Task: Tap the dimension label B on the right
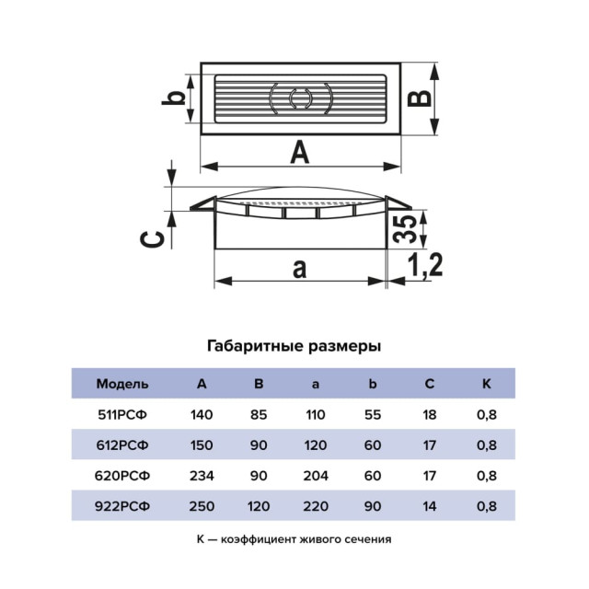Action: pos(420,98)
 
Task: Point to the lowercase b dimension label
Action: pos(174,98)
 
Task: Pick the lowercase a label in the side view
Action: pos(299,269)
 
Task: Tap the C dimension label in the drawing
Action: pos(152,239)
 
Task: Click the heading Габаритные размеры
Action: pos(294,346)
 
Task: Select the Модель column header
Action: pos(122,384)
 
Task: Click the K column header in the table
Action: pos(487,384)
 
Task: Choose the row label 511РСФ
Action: pos(122,415)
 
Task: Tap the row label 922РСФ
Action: pos(122,506)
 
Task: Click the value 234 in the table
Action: pos(202,476)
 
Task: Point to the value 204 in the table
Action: pos(316,476)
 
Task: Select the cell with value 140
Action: pos(202,415)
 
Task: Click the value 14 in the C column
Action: pos(430,506)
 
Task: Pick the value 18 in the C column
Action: pos(430,415)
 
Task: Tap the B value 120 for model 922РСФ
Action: pos(259,506)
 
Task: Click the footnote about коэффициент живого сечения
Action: pos(294,539)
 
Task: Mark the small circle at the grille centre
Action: pos(299,98)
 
